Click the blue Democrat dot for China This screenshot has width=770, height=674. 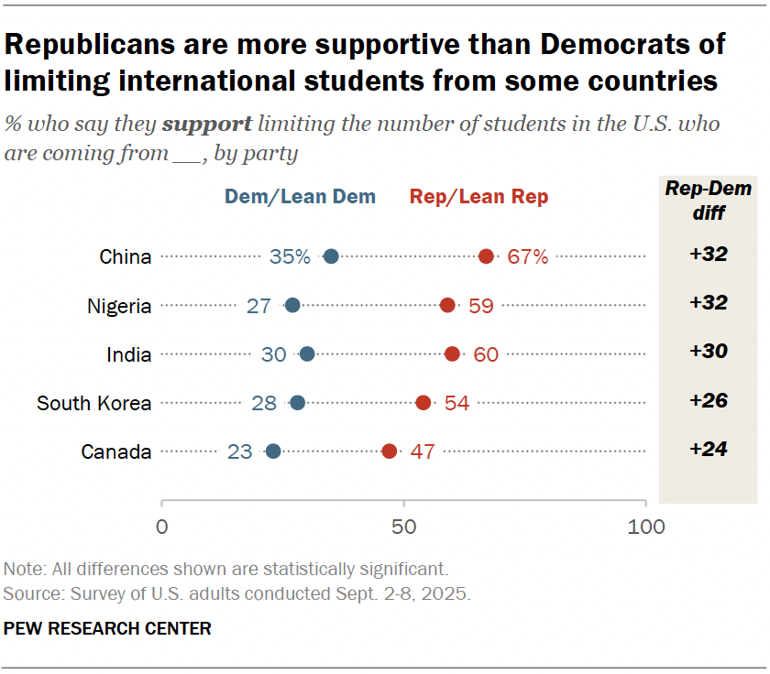point(331,256)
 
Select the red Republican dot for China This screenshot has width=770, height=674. point(486,256)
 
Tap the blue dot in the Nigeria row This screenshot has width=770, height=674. point(292,305)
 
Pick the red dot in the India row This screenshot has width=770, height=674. point(452,353)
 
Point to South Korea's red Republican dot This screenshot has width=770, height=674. point(423,402)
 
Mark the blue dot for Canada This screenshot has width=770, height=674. point(273,451)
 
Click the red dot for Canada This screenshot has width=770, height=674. point(390,451)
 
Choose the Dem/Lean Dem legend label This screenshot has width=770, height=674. point(300,197)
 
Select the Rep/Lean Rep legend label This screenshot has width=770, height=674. point(479,197)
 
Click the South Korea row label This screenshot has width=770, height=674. point(93,402)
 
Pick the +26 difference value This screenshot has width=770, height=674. point(708,401)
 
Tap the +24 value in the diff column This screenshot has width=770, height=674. point(708,450)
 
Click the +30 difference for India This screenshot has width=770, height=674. point(708,353)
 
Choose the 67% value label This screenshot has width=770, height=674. point(528,256)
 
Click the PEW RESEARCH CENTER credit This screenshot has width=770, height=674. point(108,629)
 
